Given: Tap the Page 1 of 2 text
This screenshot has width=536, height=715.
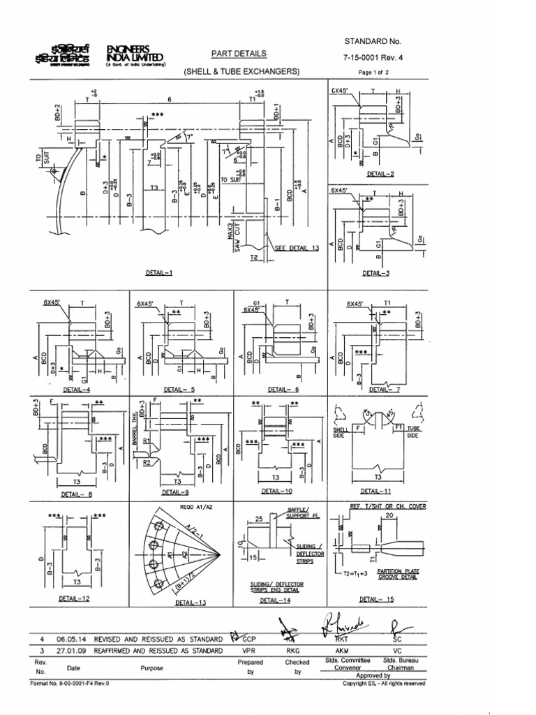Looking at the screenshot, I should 378,72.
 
